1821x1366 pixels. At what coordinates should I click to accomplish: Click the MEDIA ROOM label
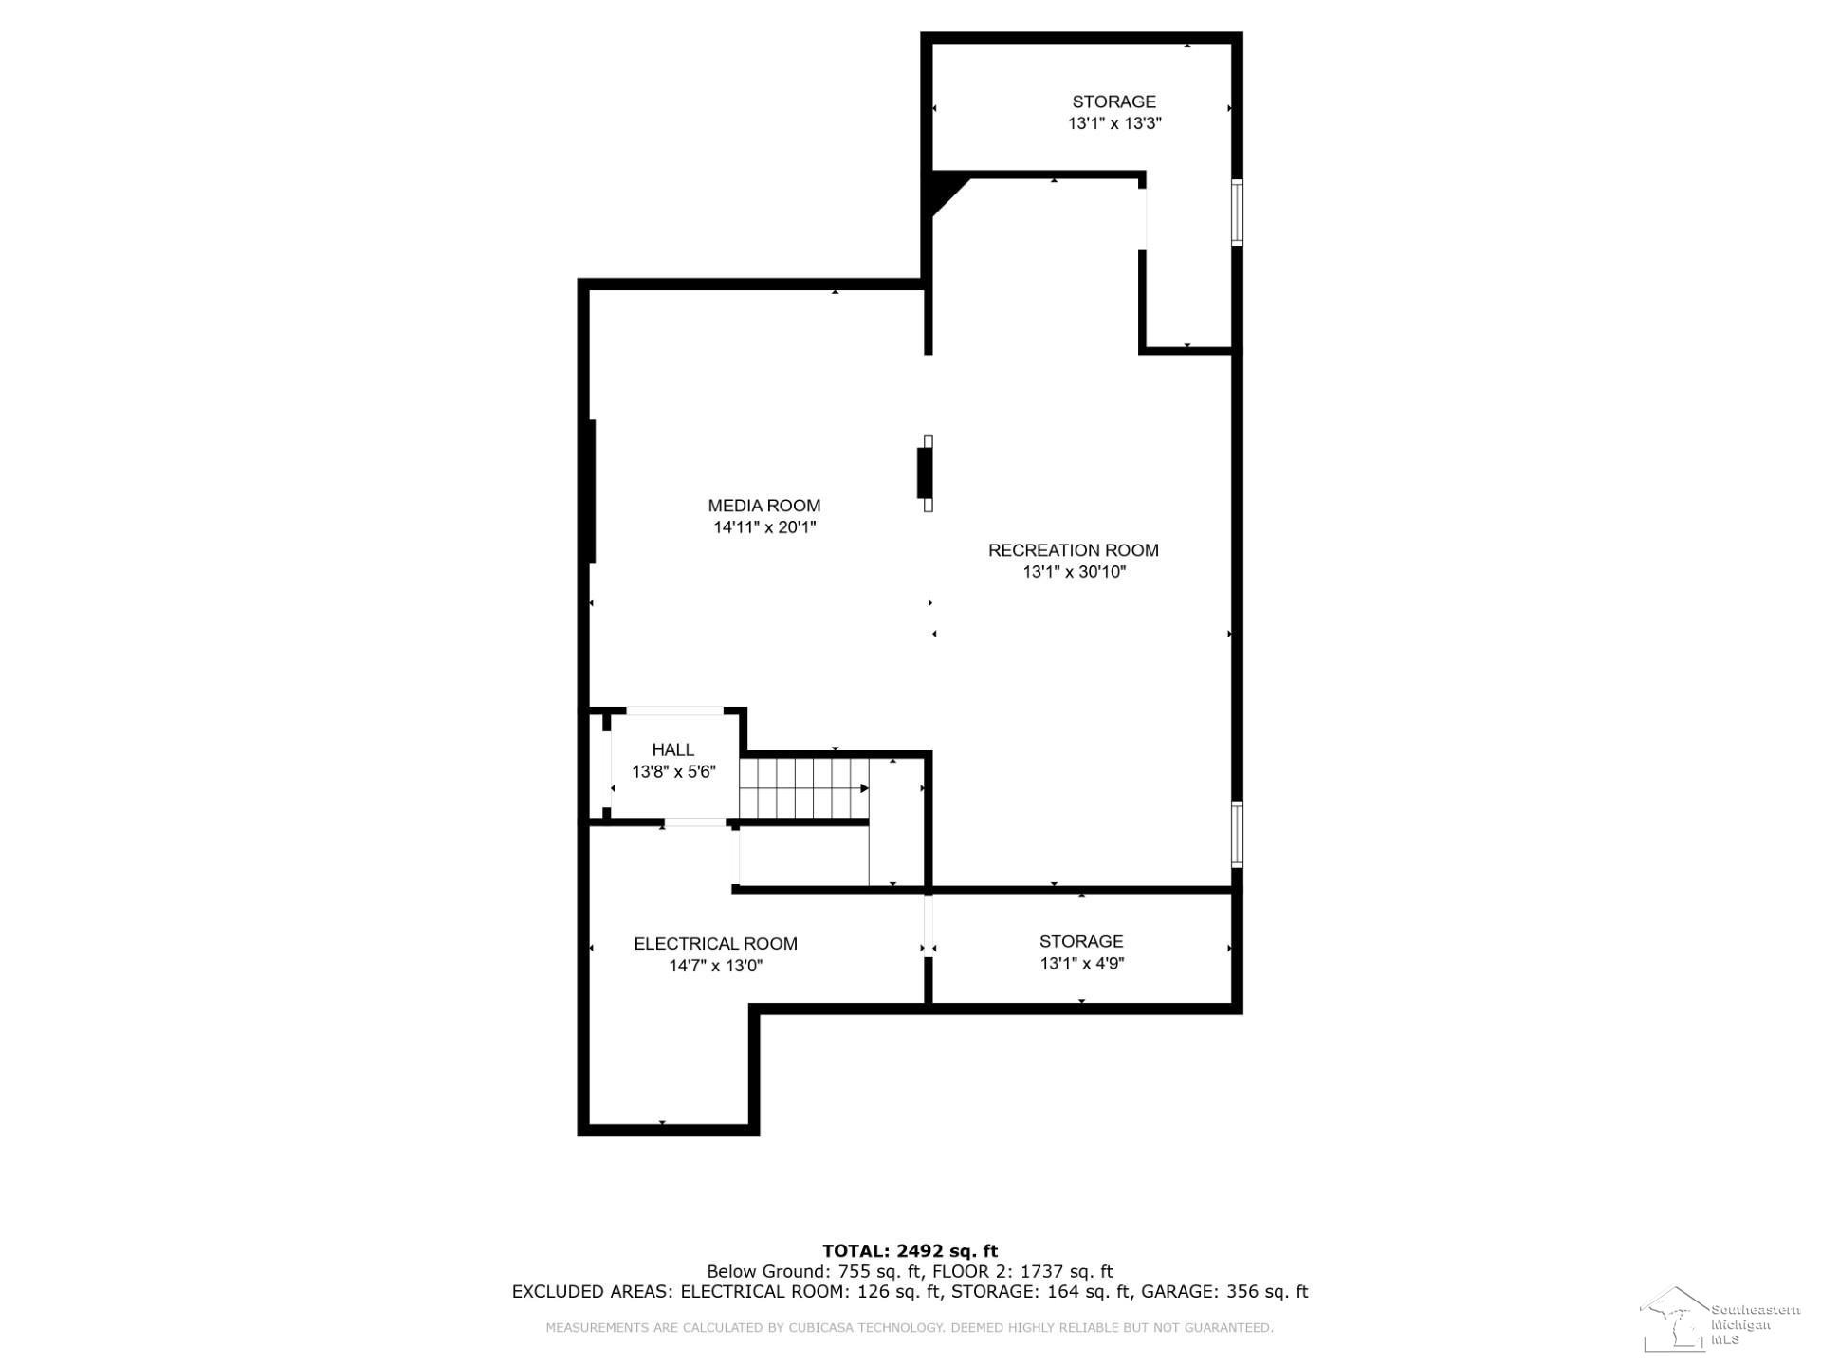click(763, 506)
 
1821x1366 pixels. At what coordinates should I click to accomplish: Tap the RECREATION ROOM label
click(1074, 550)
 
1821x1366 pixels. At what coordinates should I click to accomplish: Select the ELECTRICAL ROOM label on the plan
click(715, 944)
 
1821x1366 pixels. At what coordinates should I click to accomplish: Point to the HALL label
click(673, 750)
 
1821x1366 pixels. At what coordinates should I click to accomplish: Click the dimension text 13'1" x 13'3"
click(1114, 123)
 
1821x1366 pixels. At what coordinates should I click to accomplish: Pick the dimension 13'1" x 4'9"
click(1082, 964)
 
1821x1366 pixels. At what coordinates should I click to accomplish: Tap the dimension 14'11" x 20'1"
click(764, 527)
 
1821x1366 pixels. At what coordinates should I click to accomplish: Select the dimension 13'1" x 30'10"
click(1074, 572)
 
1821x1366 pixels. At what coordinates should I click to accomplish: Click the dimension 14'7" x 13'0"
click(716, 966)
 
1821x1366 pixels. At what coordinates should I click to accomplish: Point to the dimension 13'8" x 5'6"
click(673, 772)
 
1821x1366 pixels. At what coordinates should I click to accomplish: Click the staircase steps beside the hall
click(804, 788)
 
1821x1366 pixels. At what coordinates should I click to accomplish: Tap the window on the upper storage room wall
click(1237, 212)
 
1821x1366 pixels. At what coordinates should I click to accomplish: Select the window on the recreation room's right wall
click(1237, 834)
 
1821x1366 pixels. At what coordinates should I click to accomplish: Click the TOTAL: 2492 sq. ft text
click(910, 1251)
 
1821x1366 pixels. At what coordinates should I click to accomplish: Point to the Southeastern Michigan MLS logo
click(1720, 1319)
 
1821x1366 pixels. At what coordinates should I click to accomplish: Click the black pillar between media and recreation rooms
click(924, 473)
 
